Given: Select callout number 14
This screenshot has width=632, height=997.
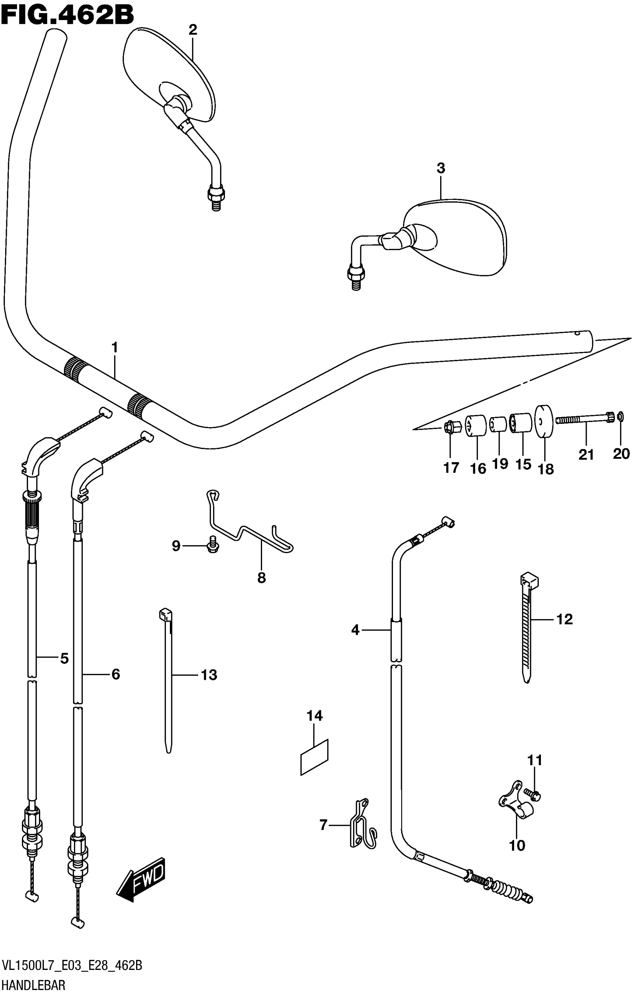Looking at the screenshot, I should [315, 715].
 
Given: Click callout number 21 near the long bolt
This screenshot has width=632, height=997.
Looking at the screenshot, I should [586, 455].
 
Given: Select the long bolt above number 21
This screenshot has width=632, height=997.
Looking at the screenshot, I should [584, 419].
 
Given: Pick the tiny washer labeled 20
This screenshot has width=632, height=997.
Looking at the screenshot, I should [620, 415].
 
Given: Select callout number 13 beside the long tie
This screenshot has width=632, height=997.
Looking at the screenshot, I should [209, 675].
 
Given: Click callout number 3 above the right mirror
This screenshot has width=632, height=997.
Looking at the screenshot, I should [441, 168].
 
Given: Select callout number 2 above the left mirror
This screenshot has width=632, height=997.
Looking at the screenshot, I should [192, 30].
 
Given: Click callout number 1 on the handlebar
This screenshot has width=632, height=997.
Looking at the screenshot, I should [115, 347].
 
